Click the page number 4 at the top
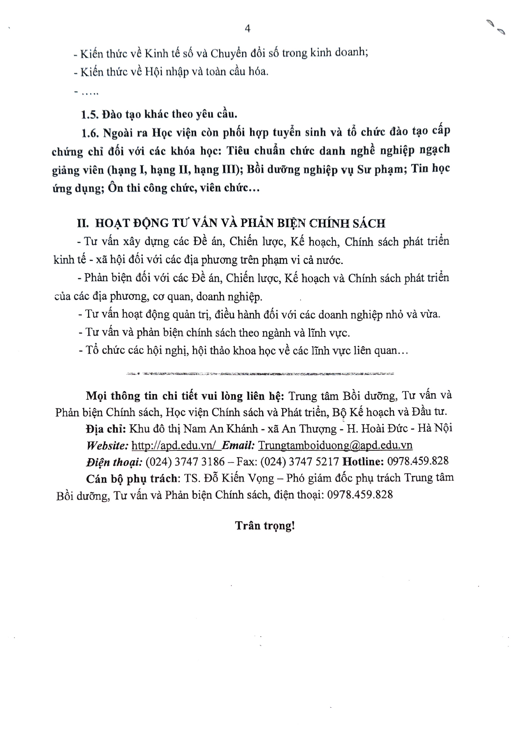pyautogui.click(x=248, y=28)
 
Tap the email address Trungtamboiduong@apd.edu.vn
pyautogui.click(x=336, y=445)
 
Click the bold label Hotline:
pyautogui.click(x=362, y=461)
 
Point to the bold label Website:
pyautogui.click(x=107, y=445)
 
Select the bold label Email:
pyautogui.click(x=239, y=445)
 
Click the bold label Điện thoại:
pyautogui.click(x=114, y=461)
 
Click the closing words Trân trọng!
pyautogui.click(x=265, y=525)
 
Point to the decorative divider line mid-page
pyautogui.click(x=259, y=374)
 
